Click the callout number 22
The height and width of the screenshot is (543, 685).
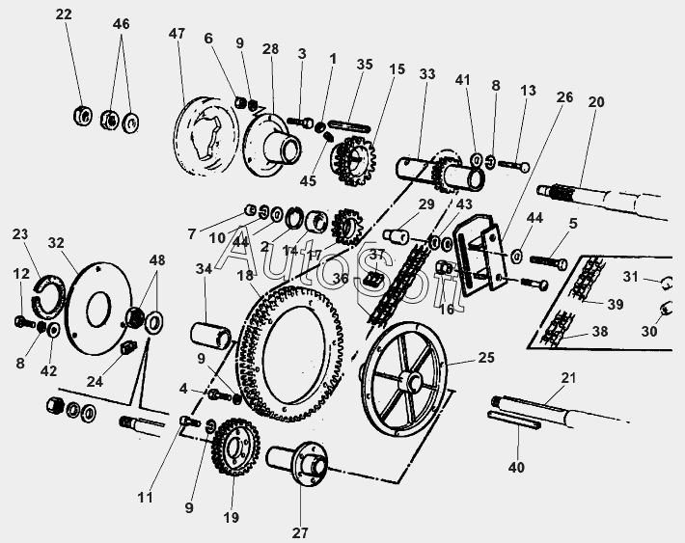(64, 14)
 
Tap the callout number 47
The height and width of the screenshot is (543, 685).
(177, 34)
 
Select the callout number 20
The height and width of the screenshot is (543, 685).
(596, 102)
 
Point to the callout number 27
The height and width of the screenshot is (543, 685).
(300, 533)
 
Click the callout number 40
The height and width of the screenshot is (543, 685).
(516, 468)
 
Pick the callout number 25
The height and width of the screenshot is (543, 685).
(486, 358)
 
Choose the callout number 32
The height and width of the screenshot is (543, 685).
(56, 243)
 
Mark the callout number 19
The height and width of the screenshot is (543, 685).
(232, 517)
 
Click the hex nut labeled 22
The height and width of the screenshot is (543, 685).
(82, 116)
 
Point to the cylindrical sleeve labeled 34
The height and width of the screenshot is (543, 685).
(210, 336)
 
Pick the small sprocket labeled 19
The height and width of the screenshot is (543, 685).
(235, 447)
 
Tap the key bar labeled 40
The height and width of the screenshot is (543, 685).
(513, 420)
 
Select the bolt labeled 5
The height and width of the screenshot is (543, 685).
(548, 262)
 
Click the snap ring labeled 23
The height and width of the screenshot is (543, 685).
(49, 297)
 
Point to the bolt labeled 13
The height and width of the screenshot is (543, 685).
(513, 166)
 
